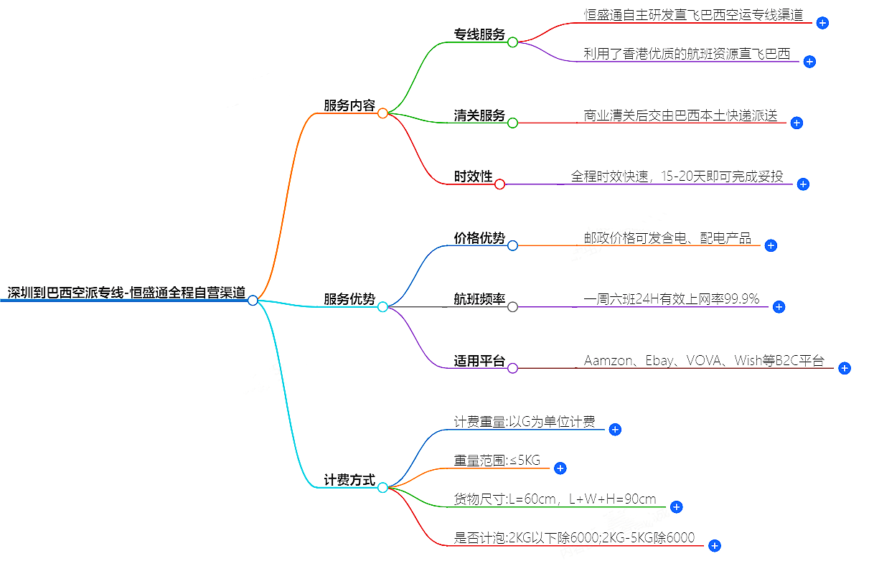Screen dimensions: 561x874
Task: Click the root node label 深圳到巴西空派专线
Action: tap(126, 293)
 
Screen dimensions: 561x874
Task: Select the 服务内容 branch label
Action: tap(349, 105)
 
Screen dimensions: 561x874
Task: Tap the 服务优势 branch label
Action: tap(349, 299)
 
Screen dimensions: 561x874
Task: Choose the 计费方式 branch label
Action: tap(349, 480)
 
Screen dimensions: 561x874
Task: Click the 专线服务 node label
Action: tap(479, 34)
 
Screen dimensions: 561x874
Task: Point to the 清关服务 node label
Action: tap(479, 115)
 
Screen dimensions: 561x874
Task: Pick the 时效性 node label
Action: tap(474, 176)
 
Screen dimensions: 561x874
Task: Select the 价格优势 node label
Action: tap(479, 238)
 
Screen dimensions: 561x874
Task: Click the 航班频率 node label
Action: tap(479, 299)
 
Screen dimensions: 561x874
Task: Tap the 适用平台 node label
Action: tap(479, 361)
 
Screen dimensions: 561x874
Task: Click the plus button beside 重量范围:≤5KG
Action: tap(560, 468)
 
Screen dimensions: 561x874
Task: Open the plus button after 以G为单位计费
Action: tap(615, 430)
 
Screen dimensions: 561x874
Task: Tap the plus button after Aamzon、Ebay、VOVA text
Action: tap(845, 368)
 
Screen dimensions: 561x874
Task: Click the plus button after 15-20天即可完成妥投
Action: tap(803, 184)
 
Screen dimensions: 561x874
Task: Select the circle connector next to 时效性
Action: tap(500, 184)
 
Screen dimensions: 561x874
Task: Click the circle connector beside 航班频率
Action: tap(512, 307)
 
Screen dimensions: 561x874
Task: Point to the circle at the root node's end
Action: tap(253, 301)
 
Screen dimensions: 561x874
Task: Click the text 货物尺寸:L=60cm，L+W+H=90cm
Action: tap(555, 499)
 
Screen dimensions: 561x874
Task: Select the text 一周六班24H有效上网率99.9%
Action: tap(672, 299)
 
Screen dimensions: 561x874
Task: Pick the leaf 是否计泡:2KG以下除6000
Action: tap(574, 537)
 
